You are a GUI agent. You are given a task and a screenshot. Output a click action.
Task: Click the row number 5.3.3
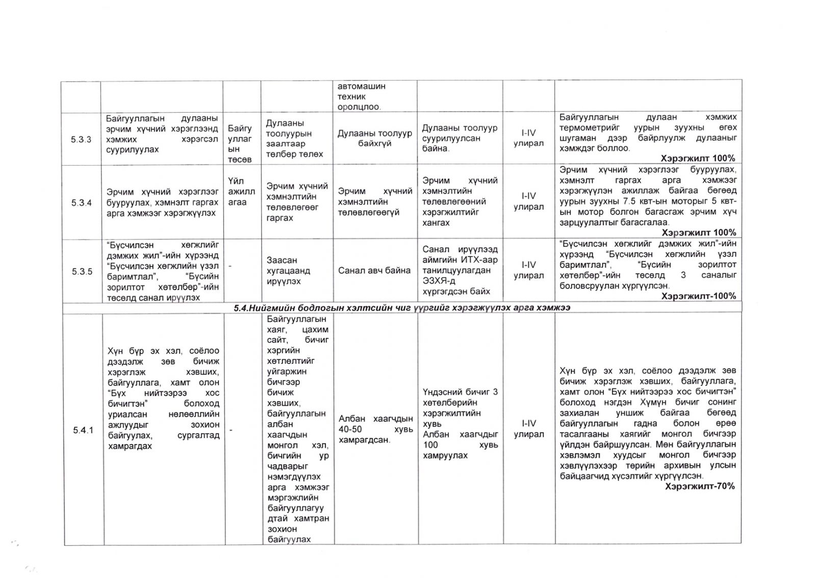click(81, 139)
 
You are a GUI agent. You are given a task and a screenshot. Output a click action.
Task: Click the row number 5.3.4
click(81, 203)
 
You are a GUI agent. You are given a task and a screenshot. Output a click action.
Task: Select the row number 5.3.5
click(82, 271)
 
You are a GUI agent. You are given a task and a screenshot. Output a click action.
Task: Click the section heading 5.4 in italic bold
click(402, 307)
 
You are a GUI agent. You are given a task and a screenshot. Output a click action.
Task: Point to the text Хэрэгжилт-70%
click(700, 486)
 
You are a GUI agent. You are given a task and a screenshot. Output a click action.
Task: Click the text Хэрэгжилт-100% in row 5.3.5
click(698, 296)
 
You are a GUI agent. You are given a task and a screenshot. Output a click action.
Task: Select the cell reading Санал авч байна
click(374, 271)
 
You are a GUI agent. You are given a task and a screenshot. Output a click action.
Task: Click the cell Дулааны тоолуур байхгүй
click(374, 139)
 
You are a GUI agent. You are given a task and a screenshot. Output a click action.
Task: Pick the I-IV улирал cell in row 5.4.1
click(528, 429)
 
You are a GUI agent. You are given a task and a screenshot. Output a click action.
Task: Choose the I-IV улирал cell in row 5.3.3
click(528, 138)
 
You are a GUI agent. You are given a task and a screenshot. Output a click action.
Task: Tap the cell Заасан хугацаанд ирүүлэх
click(288, 271)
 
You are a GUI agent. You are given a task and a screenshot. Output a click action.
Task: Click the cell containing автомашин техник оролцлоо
click(362, 96)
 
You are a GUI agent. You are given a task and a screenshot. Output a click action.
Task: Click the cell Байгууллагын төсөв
click(240, 144)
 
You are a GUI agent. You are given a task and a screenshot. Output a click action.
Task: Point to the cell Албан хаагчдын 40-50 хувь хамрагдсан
click(375, 429)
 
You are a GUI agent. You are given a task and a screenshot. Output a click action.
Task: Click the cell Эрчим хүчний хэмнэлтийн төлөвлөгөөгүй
click(375, 202)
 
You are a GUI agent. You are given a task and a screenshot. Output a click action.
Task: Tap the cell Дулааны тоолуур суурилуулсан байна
click(459, 138)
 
